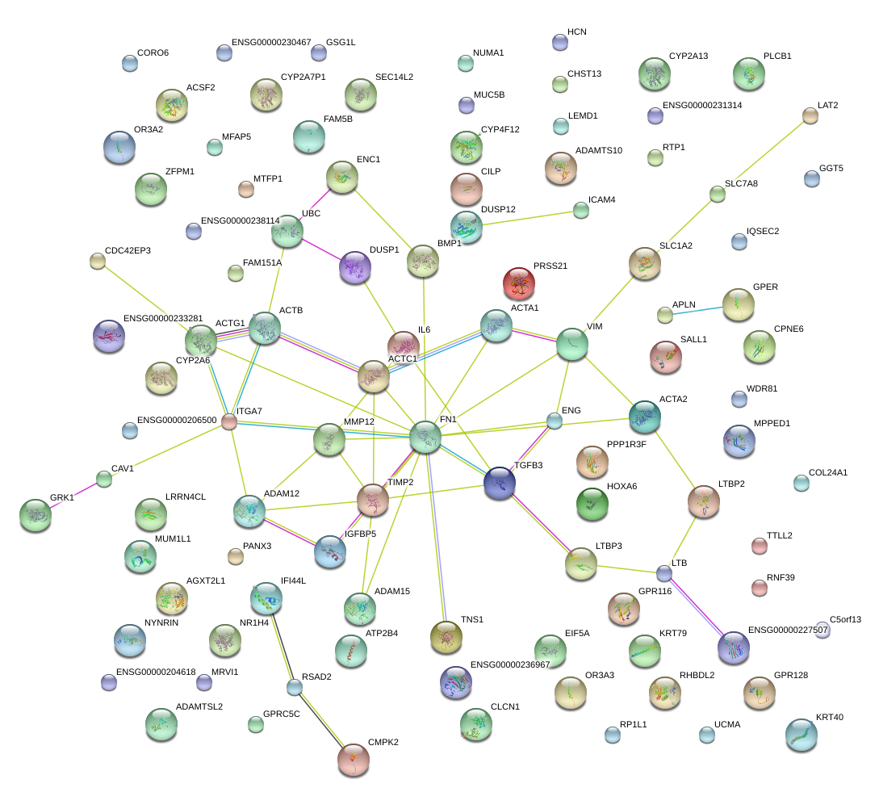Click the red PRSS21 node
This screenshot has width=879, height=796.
[x=518, y=283]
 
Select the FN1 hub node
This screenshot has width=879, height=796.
[x=425, y=437]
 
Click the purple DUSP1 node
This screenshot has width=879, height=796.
[x=354, y=267]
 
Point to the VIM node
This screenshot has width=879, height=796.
[x=572, y=344]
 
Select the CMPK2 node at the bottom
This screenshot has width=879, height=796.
[x=353, y=760]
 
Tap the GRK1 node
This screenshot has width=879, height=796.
[x=35, y=514]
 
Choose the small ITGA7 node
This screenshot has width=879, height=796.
[x=229, y=421]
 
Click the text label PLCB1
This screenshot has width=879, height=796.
[x=777, y=57]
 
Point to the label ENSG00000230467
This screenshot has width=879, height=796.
[x=271, y=42]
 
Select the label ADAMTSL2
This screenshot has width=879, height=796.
[x=199, y=706]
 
